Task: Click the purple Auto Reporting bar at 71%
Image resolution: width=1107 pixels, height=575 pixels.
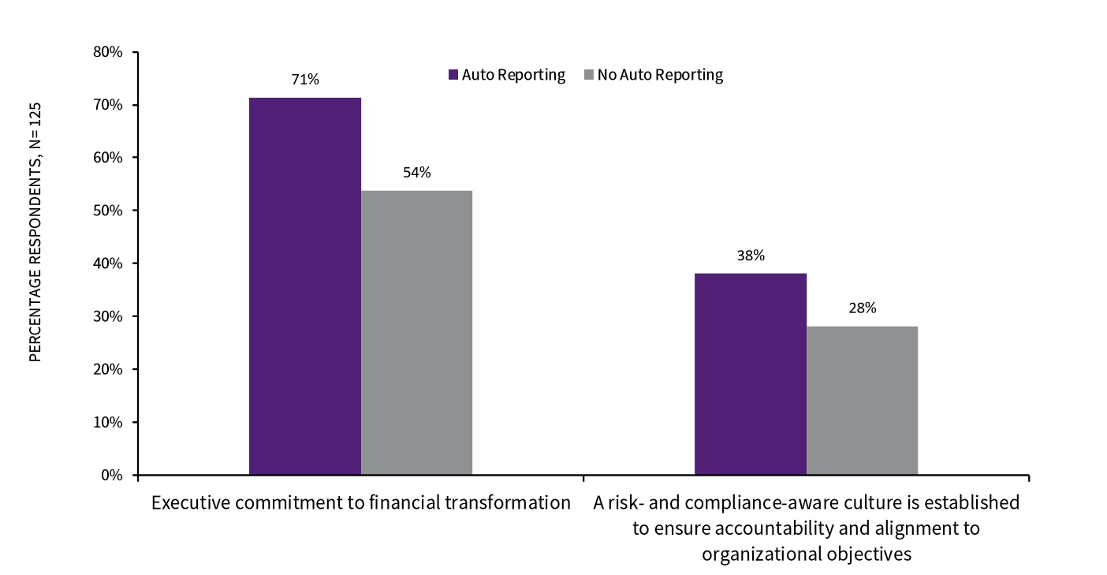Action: click(x=305, y=286)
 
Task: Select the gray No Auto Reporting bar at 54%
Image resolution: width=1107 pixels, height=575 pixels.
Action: click(x=416, y=332)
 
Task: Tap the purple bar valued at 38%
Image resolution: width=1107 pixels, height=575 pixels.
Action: click(x=750, y=374)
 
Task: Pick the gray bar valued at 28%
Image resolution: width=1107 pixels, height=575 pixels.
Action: click(x=862, y=400)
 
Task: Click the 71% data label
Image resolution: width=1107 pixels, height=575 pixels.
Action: click(x=305, y=79)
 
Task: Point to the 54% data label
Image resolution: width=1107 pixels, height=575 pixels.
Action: click(x=416, y=172)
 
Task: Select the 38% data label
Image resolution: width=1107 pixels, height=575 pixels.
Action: click(x=750, y=256)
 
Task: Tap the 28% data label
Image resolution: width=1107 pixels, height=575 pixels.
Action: click(x=862, y=308)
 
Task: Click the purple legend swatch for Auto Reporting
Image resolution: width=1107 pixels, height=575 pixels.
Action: click(x=453, y=75)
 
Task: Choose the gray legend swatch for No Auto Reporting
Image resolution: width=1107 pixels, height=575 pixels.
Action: click(x=589, y=75)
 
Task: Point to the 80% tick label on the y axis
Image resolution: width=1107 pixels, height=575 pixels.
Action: click(x=109, y=53)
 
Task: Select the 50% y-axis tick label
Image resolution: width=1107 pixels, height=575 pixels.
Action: click(x=109, y=211)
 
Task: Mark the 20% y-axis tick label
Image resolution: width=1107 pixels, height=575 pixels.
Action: click(x=109, y=369)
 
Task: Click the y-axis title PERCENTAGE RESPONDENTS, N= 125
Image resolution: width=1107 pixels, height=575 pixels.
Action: click(x=35, y=232)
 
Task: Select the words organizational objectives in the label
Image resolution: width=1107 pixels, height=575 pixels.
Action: click(x=806, y=554)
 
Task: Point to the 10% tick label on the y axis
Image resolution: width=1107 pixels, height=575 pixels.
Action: click(x=109, y=422)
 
